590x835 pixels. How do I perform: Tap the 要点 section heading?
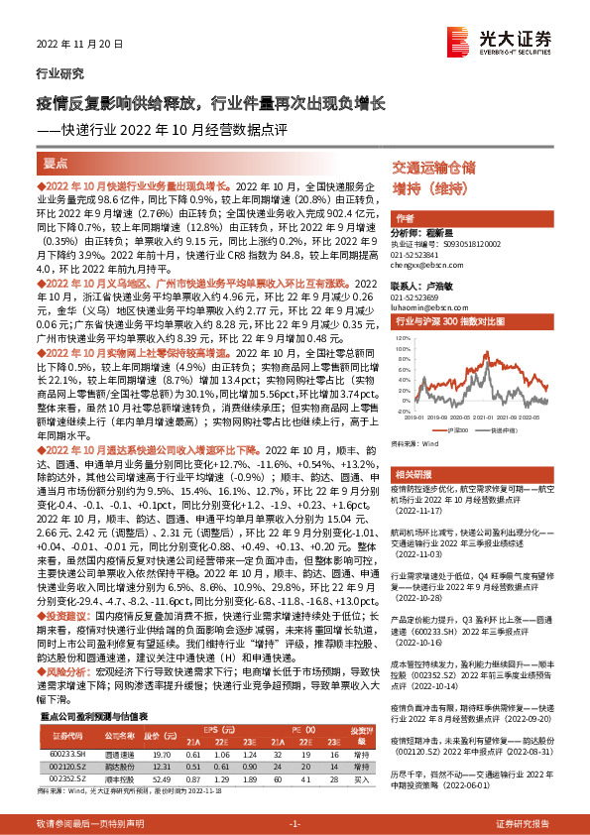pyautogui.click(x=58, y=164)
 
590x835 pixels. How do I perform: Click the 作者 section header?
pyautogui.click(x=406, y=217)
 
